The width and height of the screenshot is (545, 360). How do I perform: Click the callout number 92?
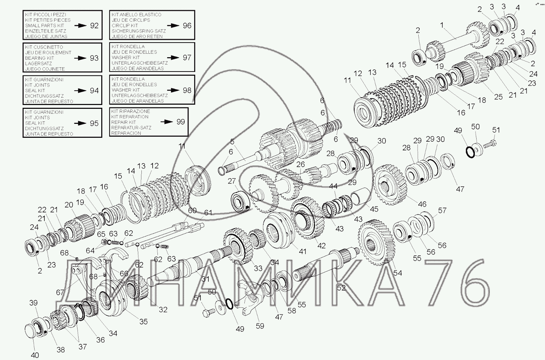click(x=94, y=26)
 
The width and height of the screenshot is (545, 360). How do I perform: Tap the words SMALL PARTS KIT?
click(x=45, y=25)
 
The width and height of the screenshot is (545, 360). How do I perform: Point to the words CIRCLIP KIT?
click(x=125, y=25)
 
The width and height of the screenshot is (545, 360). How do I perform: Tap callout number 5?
click(x=232, y=142)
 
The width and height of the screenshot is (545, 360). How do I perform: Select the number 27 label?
click(x=231, y=181)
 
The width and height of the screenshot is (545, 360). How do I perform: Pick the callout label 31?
click(x=205, y=279)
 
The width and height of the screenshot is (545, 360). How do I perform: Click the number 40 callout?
click(x=35, y=355)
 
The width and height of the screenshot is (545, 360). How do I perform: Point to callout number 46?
click(x=422, y=204)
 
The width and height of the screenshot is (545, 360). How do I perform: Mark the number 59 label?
click(x=260, y=326)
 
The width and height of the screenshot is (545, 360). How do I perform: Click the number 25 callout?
click(x=498, y=97)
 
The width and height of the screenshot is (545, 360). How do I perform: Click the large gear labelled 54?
click(x=376, y=243)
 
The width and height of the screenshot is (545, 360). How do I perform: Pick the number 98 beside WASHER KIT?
click(x=187, y=90)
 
